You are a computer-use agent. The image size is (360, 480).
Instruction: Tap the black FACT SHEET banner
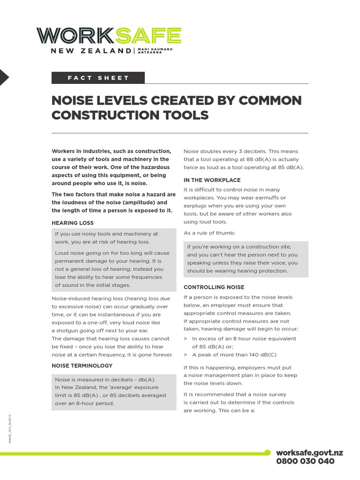[98, 78]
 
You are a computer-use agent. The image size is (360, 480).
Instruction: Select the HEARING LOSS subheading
[73, 223]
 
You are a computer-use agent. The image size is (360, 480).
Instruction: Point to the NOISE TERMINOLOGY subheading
[82, 365]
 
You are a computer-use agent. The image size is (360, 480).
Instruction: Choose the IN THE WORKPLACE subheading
[212, 180]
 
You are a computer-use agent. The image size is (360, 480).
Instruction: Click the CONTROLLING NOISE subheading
[214, 287]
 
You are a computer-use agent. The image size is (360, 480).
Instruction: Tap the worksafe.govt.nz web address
[309, 452]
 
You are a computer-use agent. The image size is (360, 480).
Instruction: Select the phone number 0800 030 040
[305, 461]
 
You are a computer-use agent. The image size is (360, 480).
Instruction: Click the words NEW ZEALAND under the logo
[91, 51]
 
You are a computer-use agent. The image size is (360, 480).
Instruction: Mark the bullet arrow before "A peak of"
[186, 354]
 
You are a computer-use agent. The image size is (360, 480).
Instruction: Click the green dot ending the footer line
[268, 453]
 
